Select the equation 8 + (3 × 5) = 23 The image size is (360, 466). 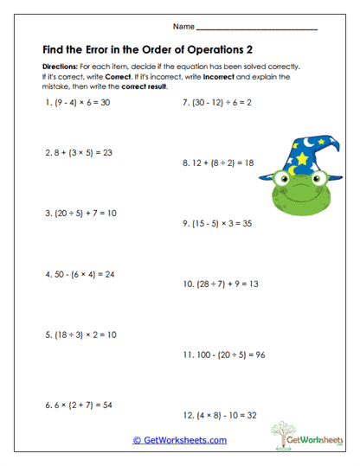pos(79,153)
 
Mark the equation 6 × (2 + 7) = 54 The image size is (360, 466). pos(79,405)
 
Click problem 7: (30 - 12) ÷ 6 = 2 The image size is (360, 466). pos(217,102)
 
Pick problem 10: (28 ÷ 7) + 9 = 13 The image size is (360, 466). pos(221,283)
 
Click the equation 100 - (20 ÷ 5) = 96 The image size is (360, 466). pos(223,354)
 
